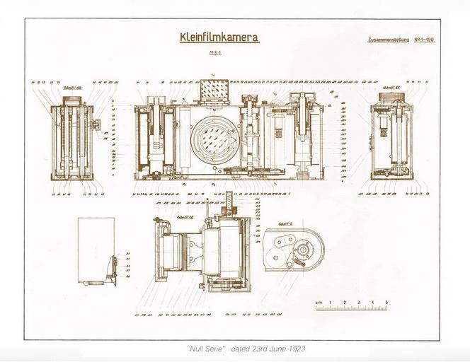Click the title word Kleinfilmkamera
(x=209, y=38)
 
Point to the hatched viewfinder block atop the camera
(x=214, y=90)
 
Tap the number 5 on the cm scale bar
(x=386, y=302)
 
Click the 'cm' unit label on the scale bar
(x=319, y=302)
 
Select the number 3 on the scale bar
(x=358, y=302)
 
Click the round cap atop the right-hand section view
(x=391, y=97)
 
